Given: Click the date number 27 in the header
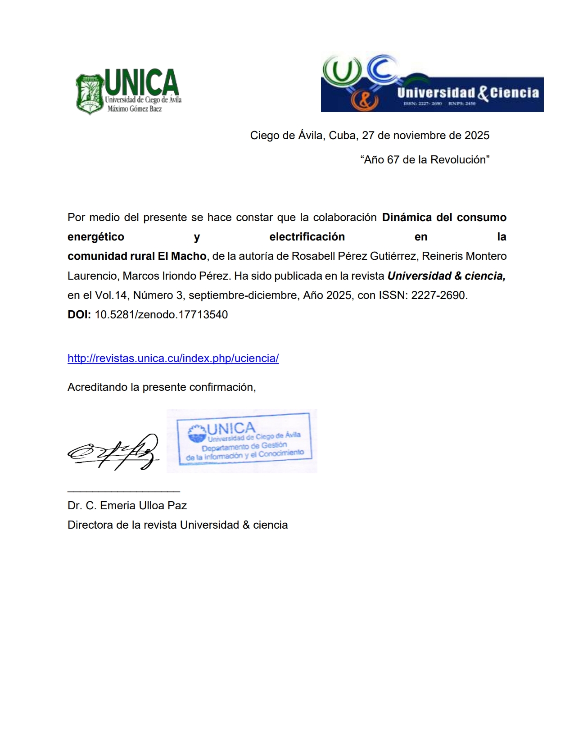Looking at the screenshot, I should point(368,136).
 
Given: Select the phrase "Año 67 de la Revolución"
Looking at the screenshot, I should point(425,160).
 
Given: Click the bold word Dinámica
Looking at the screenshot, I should point(407,217).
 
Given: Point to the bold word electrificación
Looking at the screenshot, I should point(307,237).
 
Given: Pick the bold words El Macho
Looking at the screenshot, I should point(182,256).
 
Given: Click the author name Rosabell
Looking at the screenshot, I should point(311,256).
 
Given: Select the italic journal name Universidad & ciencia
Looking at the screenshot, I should point(446,276).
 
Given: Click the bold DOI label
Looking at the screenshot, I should point(79,315).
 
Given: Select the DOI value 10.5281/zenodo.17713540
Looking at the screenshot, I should point(161,315).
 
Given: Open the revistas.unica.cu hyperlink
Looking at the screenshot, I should point(173,358).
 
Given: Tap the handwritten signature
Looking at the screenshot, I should point(113,452).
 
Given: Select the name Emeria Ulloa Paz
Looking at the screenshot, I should point(143,506).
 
